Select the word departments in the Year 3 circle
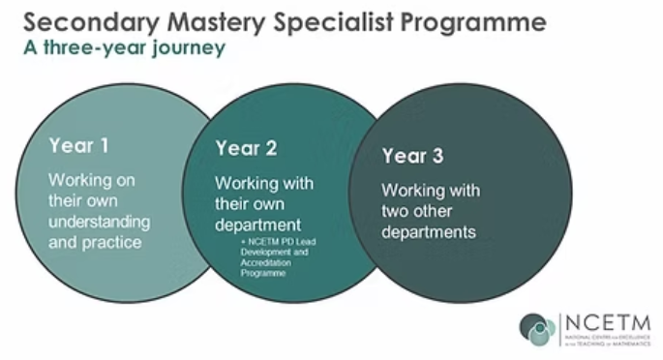[x=428, y=232]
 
